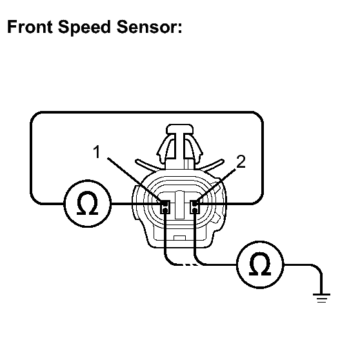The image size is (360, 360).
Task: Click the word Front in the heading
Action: [x=30, y=27]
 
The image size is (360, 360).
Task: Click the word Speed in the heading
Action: [x=85, y=27]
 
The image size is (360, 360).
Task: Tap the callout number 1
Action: [x=97, y=152]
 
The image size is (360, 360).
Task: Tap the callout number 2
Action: [x=241, y=161]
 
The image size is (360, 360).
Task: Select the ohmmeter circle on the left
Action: [x=88, y=203]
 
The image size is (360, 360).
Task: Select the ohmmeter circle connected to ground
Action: [x=260, y=265]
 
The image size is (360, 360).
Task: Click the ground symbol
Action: [x=321, y=298]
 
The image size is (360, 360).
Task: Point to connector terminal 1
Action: [x=165, y=207]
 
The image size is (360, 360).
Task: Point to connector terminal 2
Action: [x=195, y=207]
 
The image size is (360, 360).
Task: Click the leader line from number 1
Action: [x=134, y=179]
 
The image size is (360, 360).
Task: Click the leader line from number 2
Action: [x=215, y=186]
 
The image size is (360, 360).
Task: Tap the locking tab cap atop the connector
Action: [x=179, y=129]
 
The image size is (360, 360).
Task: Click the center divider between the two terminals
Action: [x=180, y=205]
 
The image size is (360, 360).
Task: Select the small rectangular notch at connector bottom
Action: [x=180, y=238]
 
